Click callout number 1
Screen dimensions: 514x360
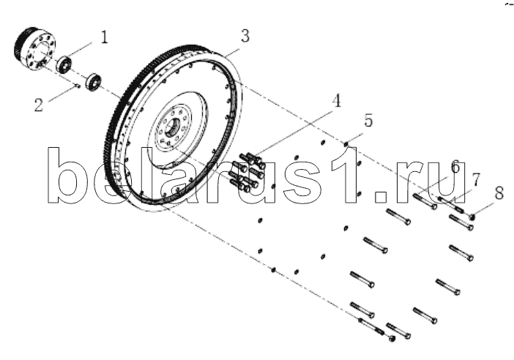[104, 37]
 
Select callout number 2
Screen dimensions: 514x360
[39, 105]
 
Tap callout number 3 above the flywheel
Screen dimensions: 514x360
[245, 36]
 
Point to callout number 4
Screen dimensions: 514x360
[336, 100]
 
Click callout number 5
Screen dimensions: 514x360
[368, 121]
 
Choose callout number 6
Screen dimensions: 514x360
[455, 166]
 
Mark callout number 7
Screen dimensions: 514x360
[476, 180]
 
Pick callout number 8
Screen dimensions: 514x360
[499, 193]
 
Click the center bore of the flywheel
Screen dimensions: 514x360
[172, 127]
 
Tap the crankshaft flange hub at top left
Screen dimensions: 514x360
[35, 48]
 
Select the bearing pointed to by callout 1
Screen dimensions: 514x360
[64, 64]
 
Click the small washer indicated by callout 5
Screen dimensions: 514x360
[346, 144]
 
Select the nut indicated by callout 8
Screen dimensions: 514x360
[472, 217]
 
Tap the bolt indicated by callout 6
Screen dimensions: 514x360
[425, 201]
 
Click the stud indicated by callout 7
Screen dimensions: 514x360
[450, 203]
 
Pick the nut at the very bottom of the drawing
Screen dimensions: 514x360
[392, 338]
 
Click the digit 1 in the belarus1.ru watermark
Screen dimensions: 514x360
[345, 175]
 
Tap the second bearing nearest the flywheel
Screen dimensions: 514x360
[94, 82]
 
